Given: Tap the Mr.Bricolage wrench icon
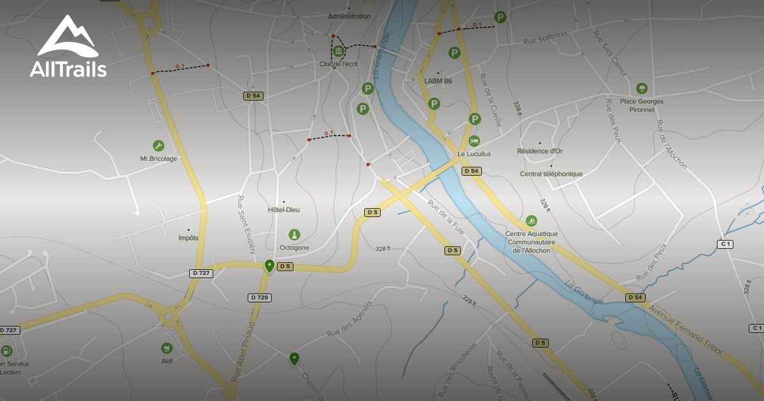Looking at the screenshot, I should pyautogui.click(x=158, y=146).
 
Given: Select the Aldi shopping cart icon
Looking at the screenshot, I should pyautogui.click(x=167, y=348).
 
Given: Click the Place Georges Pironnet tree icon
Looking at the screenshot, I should pyautogui.click(x=641, y=88).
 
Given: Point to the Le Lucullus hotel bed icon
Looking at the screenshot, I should pyautogui.click(x=474, y=141).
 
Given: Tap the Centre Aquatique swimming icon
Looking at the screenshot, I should pyautogui.click(x=531, y=221).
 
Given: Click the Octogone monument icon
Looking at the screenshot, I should pyautogui.click(x=294, y=234).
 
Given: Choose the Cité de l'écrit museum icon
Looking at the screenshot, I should pyautogui.click(x=339, y=52).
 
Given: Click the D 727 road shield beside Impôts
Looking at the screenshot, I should pyautogui.click(x=201, y=273).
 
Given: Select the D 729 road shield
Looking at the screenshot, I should pyautogui.click(x=260, y=297).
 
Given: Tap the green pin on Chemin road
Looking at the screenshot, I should pyautogui.click(x=294, y=359).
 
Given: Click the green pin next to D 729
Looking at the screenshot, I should pyautogui.click(x=269, y=265).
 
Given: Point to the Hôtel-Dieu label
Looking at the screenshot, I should pyautogui.click(x=284, y=209).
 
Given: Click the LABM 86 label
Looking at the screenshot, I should pyautogui.click(x=438, y=81).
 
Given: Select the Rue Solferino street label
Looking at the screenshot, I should pyautogui.click(x=545, y=41).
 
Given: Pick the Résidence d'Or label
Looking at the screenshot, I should pyautogui.click(x=540, y=151).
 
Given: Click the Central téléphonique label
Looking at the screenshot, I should pyautogui.click(x=551, y=174).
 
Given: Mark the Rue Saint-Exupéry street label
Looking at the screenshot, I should pyautogui.click(x=248, y=225).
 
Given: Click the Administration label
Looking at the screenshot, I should pyautogui.click(x=349, y=16).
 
